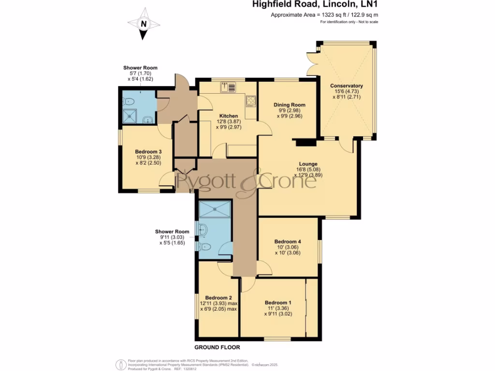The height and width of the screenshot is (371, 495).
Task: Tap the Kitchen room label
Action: click(x=229, y=116)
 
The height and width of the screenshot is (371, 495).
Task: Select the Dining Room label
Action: click(x=290, y=105)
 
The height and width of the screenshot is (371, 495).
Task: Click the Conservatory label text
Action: click(x=347, y=86)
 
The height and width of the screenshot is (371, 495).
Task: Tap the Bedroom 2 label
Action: click(x=218, y=298)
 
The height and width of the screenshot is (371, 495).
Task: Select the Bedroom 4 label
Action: click(x=288, y=242)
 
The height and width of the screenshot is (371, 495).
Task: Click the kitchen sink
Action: click(x=228, y=87)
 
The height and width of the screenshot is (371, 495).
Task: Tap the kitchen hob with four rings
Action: click(x=251, y=101)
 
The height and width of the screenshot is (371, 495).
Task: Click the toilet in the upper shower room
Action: click(x=129, y=101)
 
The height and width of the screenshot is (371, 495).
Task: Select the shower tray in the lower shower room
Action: click(x=215, y=208)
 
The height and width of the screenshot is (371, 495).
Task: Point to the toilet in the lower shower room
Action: click(x=204, y=247)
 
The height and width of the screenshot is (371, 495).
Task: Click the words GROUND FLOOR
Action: click(x=217, y=347)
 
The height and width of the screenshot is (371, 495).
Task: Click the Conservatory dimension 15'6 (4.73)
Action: click(x=347, y=91)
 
